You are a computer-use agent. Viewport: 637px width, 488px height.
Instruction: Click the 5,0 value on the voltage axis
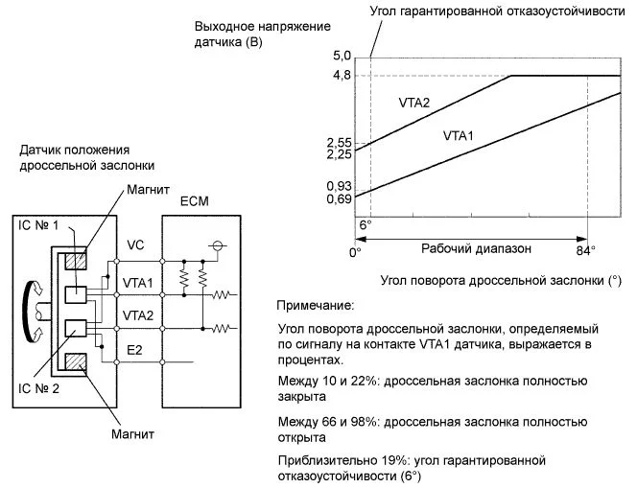click(x=342, y=56)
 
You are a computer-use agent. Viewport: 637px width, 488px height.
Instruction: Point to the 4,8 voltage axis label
click(x=342, y=75)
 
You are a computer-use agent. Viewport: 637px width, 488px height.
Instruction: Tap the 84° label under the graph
click(x=584, y=250)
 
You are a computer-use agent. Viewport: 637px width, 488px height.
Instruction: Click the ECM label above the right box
click(x=194, y=203)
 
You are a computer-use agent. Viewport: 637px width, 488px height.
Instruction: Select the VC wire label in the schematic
click(x=134, y=245)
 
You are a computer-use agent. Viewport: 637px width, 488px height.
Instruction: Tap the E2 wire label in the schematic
click(x=134, y=350)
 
